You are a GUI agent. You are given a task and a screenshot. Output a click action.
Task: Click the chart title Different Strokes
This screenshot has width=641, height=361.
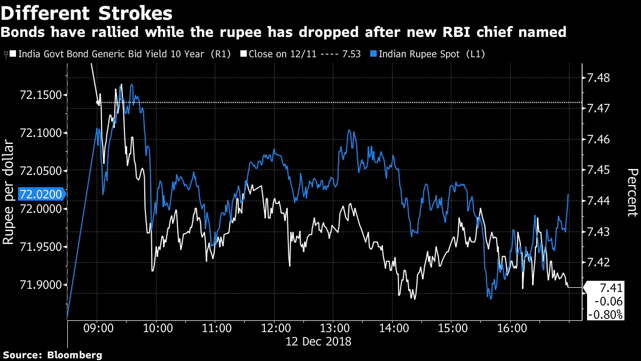tap(87, 12)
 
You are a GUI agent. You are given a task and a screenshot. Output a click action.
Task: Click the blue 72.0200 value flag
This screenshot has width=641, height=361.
tap(41, 194)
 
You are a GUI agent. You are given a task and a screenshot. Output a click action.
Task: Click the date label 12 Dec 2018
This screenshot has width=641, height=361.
tap(318, 341)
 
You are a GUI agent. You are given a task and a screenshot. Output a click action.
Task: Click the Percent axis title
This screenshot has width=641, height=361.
tap(632, 192)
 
